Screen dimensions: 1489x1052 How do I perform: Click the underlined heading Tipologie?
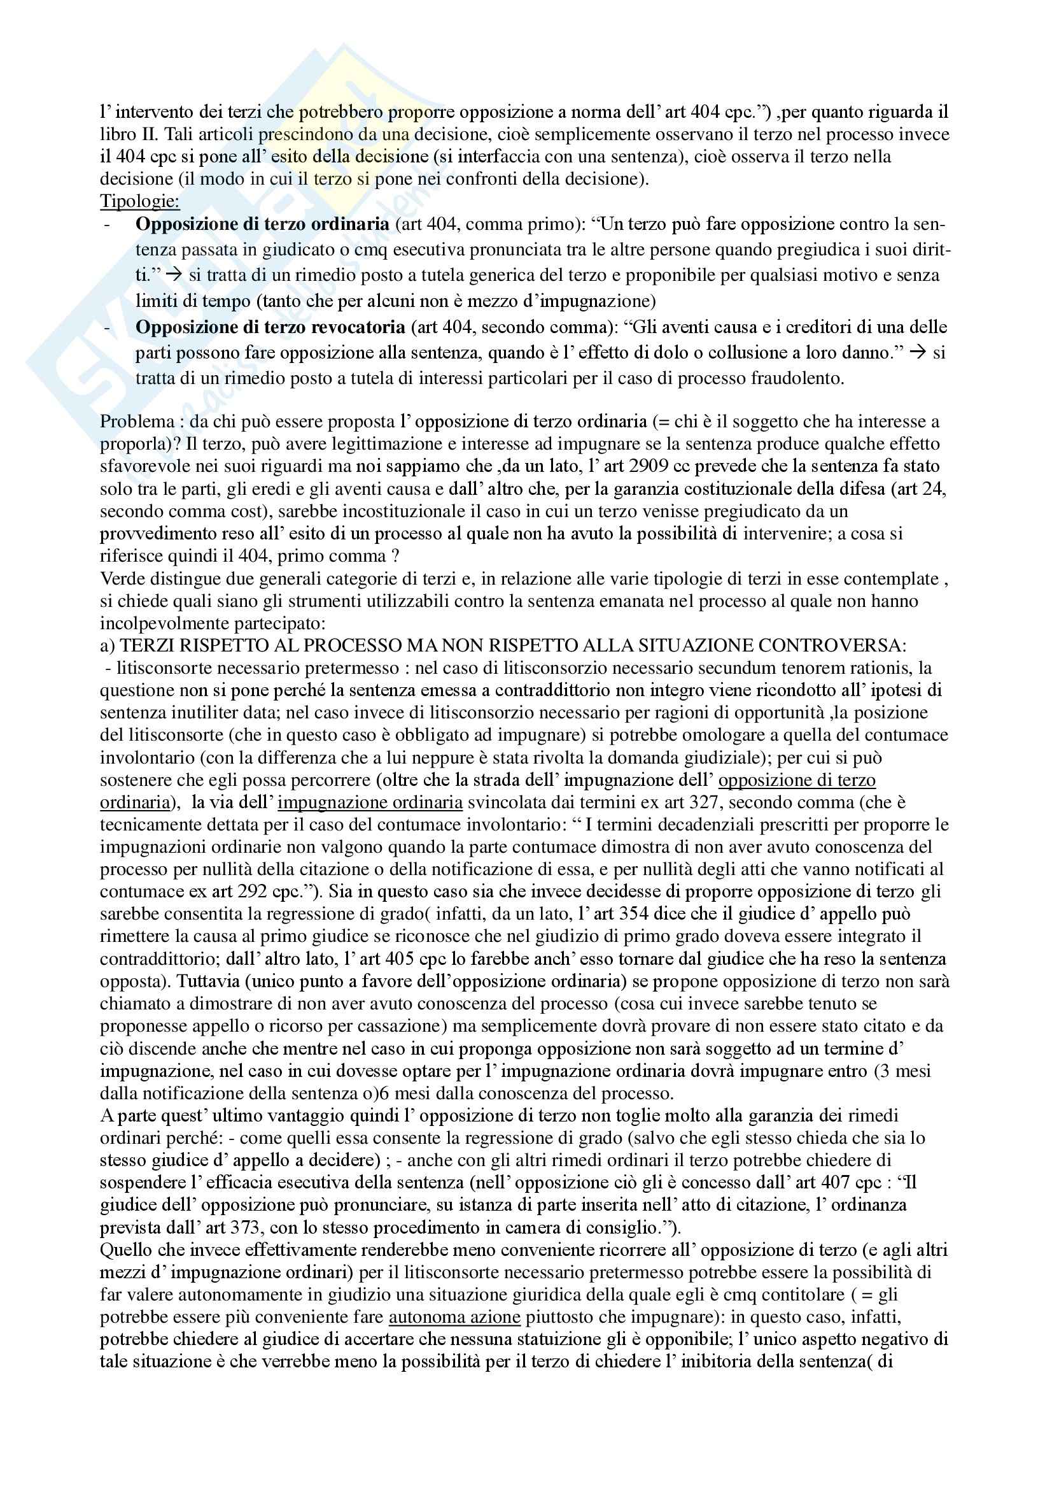[139, 201]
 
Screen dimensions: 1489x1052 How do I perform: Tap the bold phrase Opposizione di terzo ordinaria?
[262, 224]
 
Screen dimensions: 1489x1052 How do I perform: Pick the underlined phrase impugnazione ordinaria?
[370, 803]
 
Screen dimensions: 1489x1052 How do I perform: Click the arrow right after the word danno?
[917, 353]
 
